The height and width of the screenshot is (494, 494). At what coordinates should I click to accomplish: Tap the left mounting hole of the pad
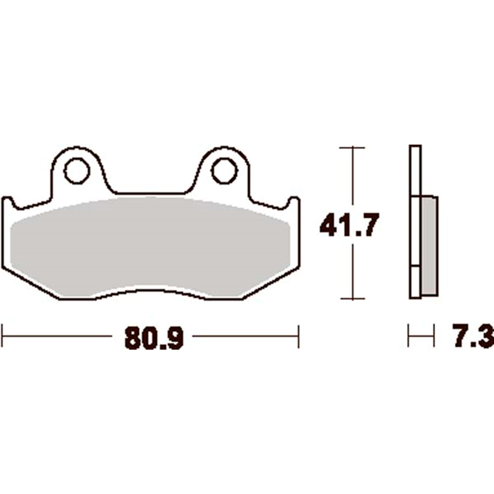pyautogui.click(x=77, y=171)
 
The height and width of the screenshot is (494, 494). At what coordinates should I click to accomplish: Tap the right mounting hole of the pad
pyautogui.click(x=224, y=171)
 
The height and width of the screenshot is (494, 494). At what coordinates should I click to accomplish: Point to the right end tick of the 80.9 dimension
pyautogui.click(x=298, y=336)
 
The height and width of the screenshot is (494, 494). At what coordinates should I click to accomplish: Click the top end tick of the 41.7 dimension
pyautogui.click(x=352, y=148)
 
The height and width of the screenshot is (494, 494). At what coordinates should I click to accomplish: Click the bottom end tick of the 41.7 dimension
pyautogui.click(x=352, y=299)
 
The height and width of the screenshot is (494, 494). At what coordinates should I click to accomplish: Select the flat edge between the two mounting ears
pyautogui.click(x=151, y=193)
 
